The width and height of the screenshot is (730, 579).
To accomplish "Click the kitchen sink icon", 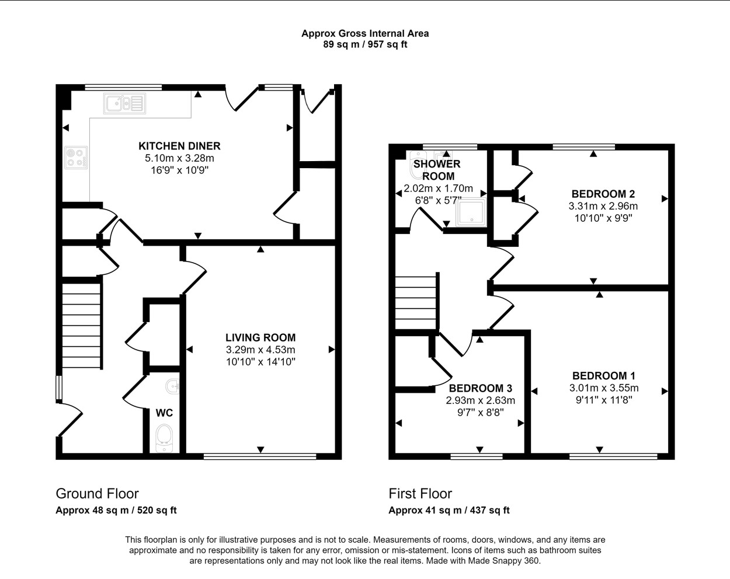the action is pos(125,103).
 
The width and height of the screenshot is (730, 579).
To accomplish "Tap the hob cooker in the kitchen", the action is pos(76,158).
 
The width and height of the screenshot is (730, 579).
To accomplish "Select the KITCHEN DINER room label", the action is pos(179,146).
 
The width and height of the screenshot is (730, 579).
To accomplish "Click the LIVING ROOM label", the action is pos(260,337).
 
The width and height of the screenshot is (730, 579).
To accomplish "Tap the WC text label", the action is pos(165,413).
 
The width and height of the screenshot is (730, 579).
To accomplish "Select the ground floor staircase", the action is pos(81,326).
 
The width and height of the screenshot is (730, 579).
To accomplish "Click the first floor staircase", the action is pos(416,302).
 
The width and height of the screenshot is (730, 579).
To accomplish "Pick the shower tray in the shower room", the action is pos(471,212).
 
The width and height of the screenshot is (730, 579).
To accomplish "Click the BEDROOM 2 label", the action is pos(603,194).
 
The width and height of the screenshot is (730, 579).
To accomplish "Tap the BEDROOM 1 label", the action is pos(604,376).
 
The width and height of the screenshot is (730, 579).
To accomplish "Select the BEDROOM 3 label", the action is pos(481,388).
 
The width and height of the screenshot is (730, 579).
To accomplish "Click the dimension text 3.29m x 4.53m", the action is pos(260,350).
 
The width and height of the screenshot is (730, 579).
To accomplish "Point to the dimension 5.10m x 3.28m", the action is pos(179,158).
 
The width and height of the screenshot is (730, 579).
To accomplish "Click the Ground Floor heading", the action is pos(98,494).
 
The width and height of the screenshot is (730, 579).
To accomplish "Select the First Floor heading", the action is pos(420,494).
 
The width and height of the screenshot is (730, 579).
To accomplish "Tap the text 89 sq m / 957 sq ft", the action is pos(365,44).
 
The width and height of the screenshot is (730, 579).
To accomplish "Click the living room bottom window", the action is pos(260,456).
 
